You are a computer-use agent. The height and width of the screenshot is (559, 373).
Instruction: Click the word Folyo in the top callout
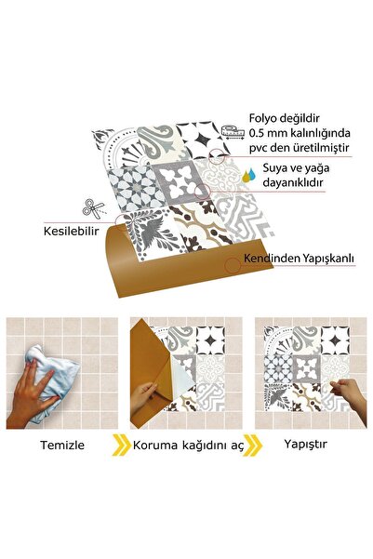[x=263, y=118]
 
